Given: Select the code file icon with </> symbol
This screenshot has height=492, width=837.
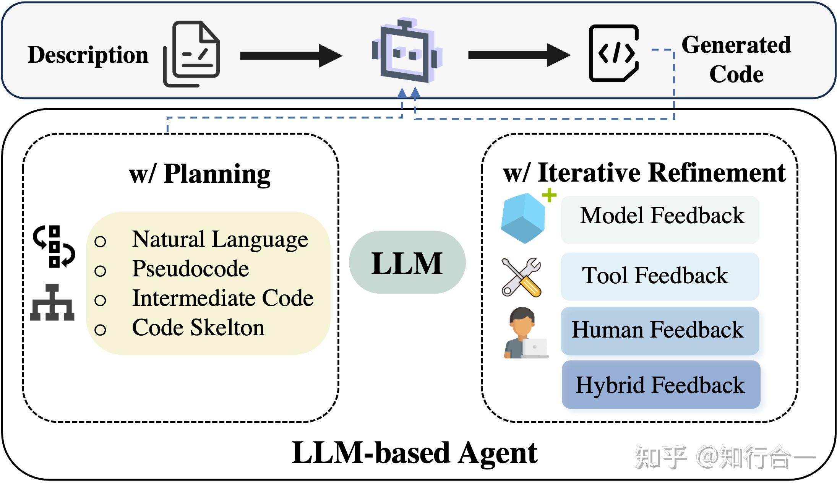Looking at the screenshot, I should pos(614,53).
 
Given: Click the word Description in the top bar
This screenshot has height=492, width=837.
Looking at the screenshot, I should pos(88,55).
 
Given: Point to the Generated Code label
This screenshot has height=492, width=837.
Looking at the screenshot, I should pos(736,59).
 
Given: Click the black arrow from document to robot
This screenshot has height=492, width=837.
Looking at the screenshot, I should pos(290,56).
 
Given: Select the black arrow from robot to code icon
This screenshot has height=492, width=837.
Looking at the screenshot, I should pos(519,55).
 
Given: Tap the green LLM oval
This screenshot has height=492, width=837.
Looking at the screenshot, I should pos(407,263).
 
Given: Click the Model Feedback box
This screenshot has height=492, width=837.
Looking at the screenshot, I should pos(660,220).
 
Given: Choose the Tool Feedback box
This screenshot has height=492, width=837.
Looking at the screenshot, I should pos(660,276).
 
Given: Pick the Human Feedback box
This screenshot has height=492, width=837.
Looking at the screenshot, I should pos(660,331).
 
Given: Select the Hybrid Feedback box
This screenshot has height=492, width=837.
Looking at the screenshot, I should pos(661,385).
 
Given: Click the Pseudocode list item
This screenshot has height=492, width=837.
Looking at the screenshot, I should pos(190,268).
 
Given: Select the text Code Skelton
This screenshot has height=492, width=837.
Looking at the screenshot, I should pos(198,328).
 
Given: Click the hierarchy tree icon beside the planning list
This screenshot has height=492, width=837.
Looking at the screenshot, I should pos(52,302).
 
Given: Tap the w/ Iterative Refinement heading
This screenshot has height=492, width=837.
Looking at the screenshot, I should pos(644,173).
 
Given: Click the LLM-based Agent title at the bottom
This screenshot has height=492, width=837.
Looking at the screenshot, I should pos(415,453).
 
